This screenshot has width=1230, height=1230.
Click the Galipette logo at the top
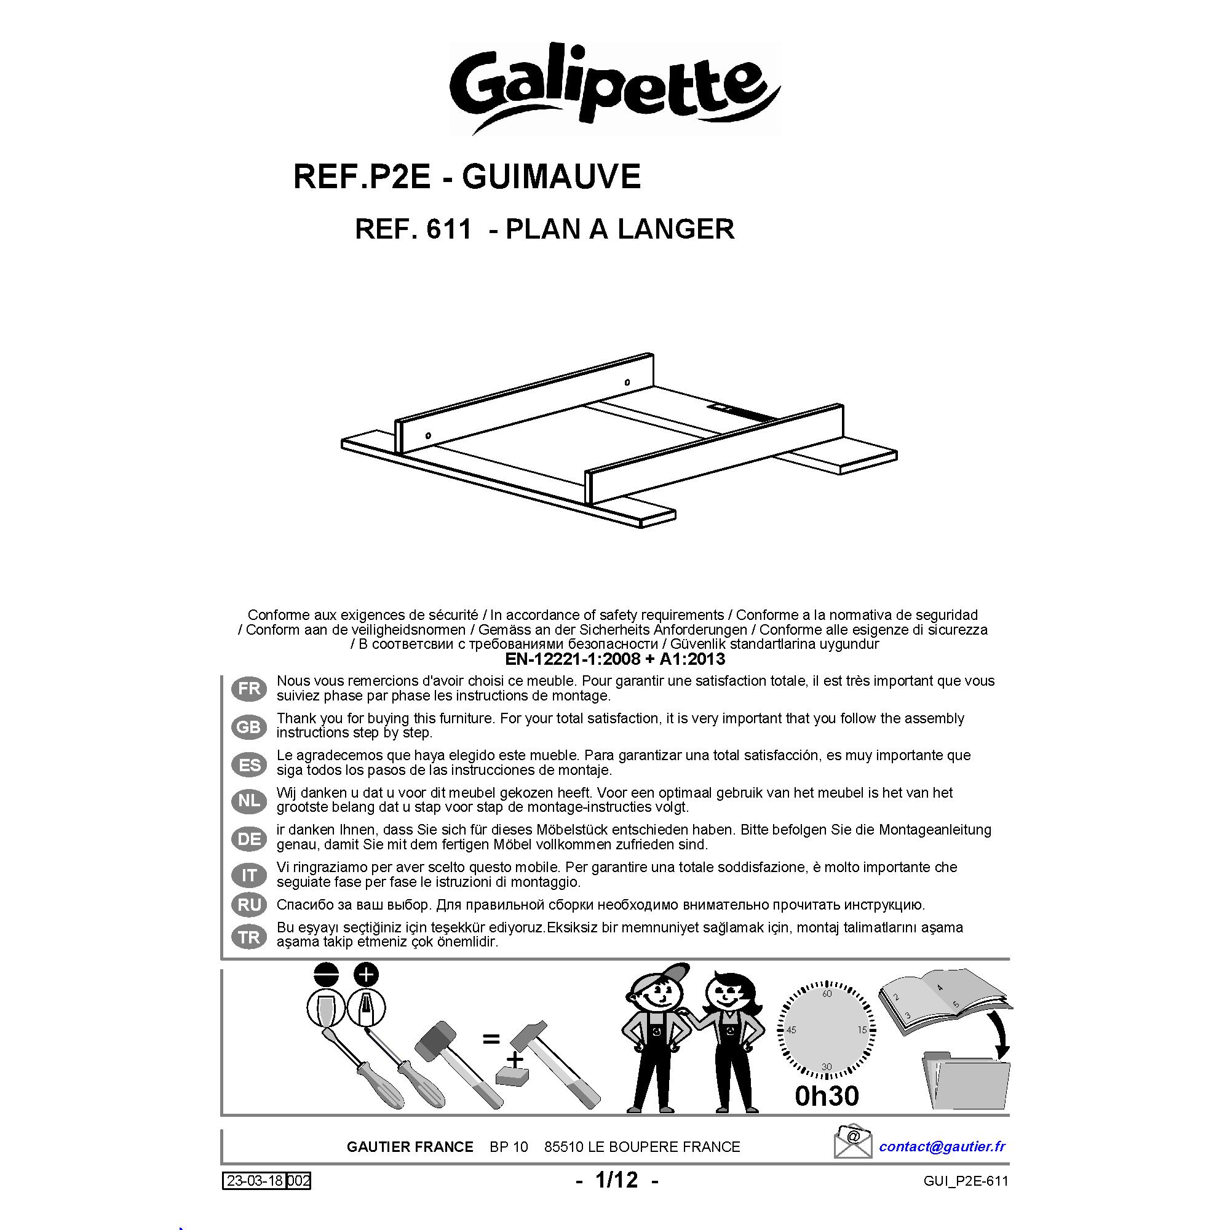pos(615,88)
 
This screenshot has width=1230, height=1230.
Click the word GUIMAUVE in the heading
pos(551,177)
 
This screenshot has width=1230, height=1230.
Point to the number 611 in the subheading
pos(449,229)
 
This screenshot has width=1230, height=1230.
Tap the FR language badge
pos(249,689)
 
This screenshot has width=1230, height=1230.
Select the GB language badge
pos(249,726)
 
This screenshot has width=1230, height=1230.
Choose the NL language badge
pos(249,801)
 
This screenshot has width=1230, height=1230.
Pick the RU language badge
pos(249,905)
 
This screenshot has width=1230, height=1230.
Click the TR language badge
pos(249,937)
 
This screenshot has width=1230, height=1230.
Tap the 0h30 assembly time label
pos(827,1096)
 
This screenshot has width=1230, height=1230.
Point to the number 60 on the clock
pos(827,994)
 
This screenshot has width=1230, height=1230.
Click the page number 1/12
pos(616,1180)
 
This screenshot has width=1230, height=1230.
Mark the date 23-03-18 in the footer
pos(255,1181)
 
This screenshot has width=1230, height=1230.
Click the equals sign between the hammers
pos(490,1041)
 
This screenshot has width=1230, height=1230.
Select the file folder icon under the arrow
pos(965,1082)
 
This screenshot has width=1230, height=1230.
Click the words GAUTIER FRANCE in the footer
pos(410,1147)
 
